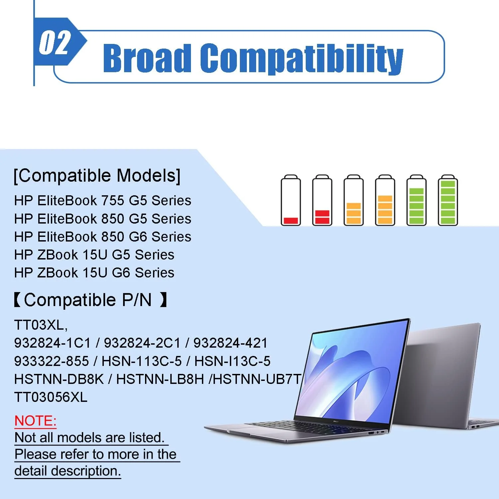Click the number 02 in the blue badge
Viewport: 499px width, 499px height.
click(x=55, y=42)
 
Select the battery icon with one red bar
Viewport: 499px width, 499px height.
click(x=291, y=201)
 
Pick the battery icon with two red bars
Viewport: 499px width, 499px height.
click(x=322, y=201)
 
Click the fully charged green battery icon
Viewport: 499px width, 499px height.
click(x=448, y=201)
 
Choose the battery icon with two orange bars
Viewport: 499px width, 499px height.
click(x=354, y=201)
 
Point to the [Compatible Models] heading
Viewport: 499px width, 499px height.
click(x=97, y=176)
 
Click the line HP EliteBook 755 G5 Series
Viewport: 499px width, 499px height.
click(x=102, y=201)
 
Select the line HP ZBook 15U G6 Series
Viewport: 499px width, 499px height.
click(x=94, y=273)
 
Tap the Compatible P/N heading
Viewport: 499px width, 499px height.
click(x=90, y=300)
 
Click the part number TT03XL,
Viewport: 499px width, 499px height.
click(x=41, y=325)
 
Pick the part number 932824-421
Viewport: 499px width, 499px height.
click(x=230, y=343)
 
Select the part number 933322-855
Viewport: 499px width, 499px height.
click(x=52, y=361)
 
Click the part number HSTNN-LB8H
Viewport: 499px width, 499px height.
click(x=160, y=379)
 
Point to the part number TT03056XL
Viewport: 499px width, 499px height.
click(x=51, y=397)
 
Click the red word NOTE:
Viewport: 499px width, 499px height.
click(x=35, y=421)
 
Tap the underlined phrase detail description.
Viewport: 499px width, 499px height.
click(x=68, y=471)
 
